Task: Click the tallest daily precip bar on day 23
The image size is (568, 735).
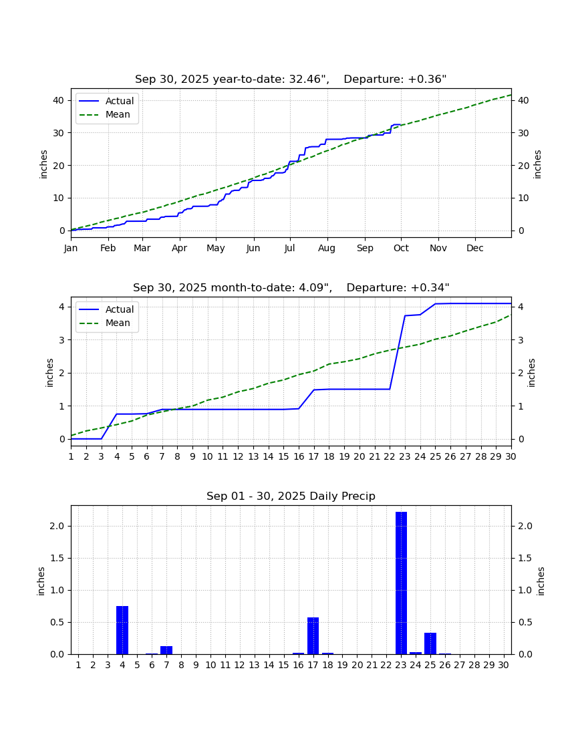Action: point(401,583)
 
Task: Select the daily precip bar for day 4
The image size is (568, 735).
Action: point(122,630)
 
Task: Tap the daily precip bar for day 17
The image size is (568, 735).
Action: point(313,635)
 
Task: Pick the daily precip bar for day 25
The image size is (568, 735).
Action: point(430,643)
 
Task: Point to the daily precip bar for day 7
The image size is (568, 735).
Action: point(166,650)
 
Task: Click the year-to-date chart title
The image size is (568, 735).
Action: point(291,80)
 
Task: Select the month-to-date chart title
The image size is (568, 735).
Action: point(291,287)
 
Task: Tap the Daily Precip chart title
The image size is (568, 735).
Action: point(291,496)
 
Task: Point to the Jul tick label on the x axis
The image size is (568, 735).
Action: point(289,248)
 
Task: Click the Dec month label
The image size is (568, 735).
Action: point(474,248)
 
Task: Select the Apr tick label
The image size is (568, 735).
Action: point(180,248)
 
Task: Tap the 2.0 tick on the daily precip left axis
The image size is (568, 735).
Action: point(57,526)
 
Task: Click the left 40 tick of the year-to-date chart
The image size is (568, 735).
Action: point(59,100)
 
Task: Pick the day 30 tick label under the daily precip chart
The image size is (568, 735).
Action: point(503,665)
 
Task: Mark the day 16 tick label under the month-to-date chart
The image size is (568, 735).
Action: point(299,456)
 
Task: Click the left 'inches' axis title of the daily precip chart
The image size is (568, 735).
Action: point(41,581)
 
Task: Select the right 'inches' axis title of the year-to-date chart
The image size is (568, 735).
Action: point(537,164)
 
